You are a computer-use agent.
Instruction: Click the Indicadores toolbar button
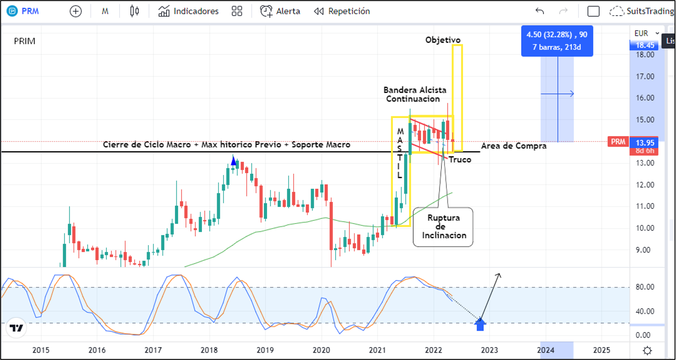(x=188, y=11)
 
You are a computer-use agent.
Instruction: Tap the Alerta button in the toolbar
(x=280, y=11)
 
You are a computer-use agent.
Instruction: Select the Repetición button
(x=342, y=11)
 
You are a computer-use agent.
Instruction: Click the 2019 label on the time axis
(x=265, y=350)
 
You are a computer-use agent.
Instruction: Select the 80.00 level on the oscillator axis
(x=645, y=287)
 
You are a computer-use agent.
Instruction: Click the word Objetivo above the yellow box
(x=443, y=40)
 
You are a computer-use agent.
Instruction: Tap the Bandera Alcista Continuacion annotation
(x=415, y=94)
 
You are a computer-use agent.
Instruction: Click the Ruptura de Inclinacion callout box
(x=443, y=227)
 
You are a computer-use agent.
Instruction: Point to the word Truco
(x=460, y=160)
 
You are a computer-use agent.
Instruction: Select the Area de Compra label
(x=514, y=146)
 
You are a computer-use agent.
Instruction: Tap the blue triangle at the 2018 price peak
(x=234, y=161)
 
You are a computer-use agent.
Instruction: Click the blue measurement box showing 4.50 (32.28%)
(x=557, y=41)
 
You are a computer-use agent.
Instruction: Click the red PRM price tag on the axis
(x=618, y=142)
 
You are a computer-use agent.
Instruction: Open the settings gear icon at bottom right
(x=647, y=351)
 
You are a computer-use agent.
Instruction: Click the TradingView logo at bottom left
(x=16, y=328)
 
